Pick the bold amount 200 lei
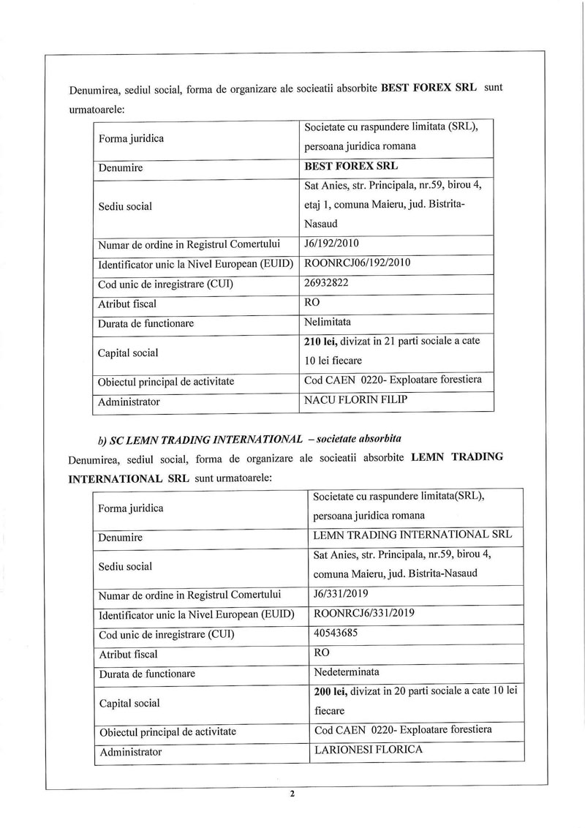click(328, 692)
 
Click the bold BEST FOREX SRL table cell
click(350, 167)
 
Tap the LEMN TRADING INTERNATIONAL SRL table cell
click(412, 534)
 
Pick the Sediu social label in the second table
click(125, 566)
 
